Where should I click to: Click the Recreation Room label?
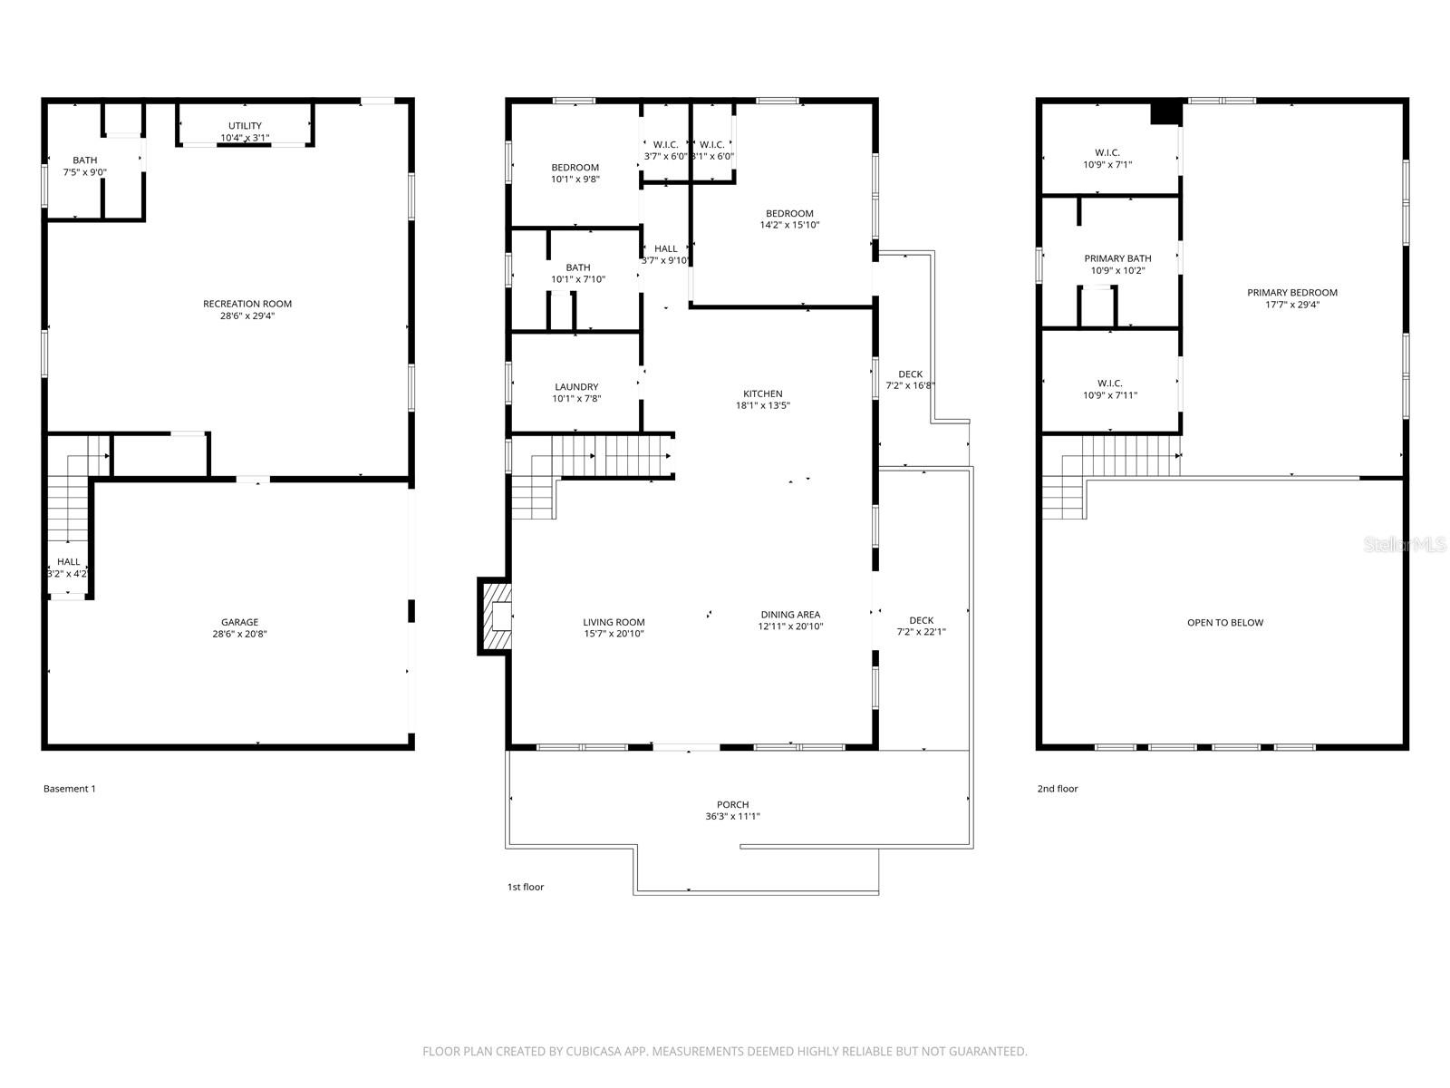point(247,304)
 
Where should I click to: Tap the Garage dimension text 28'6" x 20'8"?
point(240,635)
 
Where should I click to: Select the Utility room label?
point(245,126)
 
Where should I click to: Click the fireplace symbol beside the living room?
point(496,617)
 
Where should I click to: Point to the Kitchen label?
point(762,393)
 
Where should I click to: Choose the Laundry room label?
point(576,387)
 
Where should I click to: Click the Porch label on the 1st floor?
point(732,804)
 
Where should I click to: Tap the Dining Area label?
point(790,615)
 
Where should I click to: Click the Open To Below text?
point(1224,623)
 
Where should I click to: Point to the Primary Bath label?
point(1117,259)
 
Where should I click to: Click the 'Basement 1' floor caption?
point(70,789)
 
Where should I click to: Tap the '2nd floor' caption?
point(1058,789)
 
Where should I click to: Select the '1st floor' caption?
point(526,887)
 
